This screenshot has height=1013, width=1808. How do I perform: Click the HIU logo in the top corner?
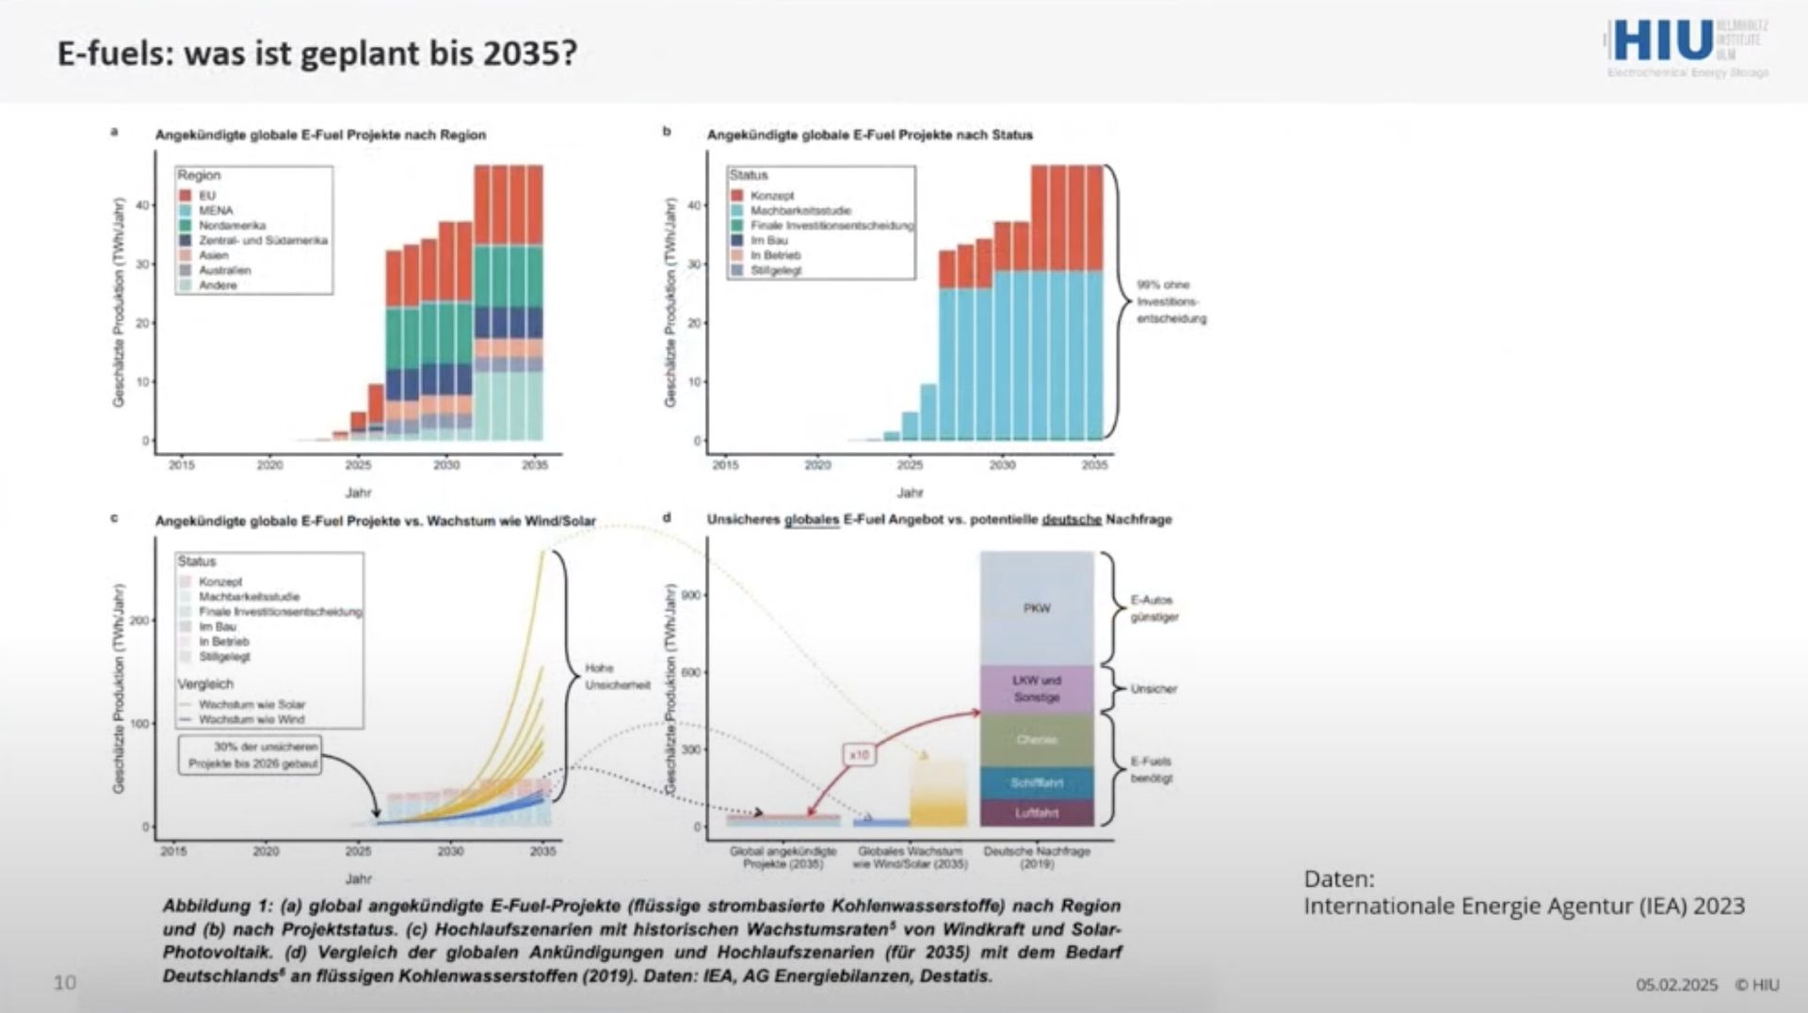point(1663,41)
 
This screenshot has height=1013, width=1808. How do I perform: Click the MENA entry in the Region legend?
point(215,211)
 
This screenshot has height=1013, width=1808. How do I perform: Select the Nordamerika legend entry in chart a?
point(231,226)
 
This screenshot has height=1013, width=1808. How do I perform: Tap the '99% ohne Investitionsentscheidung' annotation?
point(1170,301)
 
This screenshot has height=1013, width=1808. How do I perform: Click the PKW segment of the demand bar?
point(1037,608)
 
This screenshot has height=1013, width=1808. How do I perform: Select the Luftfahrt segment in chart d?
point(1037,813)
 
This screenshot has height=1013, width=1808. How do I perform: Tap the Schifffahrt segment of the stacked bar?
point(1037,783)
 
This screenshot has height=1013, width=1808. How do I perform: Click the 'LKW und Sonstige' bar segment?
point(1037,689)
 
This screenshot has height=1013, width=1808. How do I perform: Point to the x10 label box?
point(859,755)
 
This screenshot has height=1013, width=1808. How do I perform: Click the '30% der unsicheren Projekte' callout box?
point(250,755)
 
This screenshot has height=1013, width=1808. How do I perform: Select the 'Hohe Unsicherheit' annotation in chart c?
point(616,677)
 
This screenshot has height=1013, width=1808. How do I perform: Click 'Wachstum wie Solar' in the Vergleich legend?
point(251,704)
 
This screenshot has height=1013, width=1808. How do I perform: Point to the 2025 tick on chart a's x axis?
point(358,465)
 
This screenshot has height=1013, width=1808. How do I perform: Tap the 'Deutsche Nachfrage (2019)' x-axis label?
point(1037,857)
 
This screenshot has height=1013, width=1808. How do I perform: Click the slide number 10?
point(64,983)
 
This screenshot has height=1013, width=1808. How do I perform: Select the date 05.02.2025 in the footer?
point(1676,985)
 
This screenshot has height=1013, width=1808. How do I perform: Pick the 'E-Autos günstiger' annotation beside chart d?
point(1154,608)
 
